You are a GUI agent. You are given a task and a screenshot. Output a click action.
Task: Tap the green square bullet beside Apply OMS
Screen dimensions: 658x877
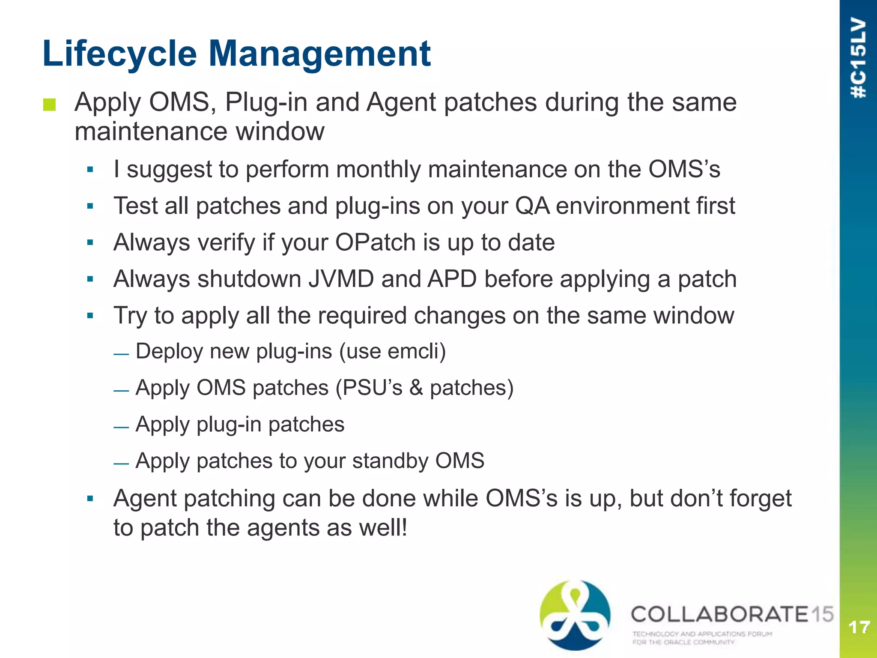(49, 105)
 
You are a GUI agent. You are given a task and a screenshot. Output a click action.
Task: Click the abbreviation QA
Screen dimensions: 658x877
(532, 206)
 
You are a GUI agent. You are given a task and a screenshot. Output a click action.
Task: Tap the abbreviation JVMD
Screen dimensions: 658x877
(341, 279)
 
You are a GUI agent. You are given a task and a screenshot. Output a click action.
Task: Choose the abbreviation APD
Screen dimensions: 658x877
(452, 279)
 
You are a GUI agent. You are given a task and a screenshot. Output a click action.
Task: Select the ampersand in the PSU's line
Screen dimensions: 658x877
(416, 388)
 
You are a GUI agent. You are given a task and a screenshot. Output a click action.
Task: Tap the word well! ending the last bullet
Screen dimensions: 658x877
(383, 528)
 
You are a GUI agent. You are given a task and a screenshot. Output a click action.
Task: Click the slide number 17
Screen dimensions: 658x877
(859, 628)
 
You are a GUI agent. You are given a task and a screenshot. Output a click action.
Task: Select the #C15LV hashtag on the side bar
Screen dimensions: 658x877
(858, 58)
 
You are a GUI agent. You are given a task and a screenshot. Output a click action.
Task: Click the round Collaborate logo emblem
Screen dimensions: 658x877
(575, 615)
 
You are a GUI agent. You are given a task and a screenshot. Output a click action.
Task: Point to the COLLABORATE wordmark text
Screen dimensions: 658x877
(719, 614)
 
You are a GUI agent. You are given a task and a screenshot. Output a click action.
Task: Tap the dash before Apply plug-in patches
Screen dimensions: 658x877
(121, 428)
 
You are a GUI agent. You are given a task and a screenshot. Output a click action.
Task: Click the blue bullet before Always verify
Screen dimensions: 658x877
(90, 243)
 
